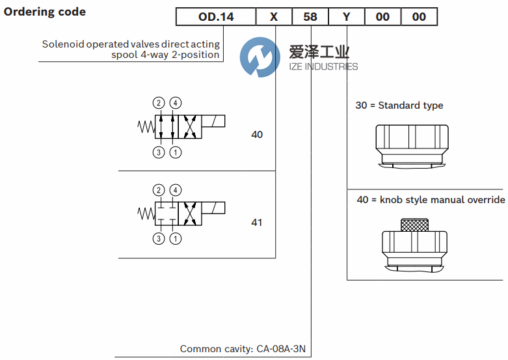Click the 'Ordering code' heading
click(45, 12)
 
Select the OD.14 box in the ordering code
click(216, 16)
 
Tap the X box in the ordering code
click(274, 16)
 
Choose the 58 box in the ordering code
click(310, 16)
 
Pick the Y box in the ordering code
click(347, 16)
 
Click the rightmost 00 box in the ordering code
click(420, 16)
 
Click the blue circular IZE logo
click(258, 57)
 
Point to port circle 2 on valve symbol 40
click(159, 102)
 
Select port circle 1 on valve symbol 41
click(175, 239)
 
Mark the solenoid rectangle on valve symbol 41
click(214, 208)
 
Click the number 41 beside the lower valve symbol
click(257, 223)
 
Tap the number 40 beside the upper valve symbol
click(257, 135)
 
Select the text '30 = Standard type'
click(399, 105)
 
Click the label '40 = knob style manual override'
click(431, 200)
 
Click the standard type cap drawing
click(411, 145)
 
